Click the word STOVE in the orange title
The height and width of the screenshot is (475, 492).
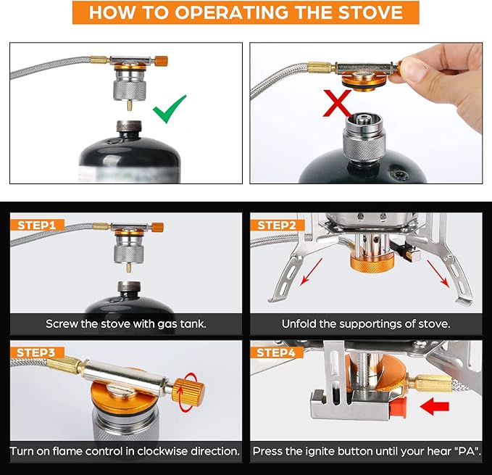click(x=370, y=12)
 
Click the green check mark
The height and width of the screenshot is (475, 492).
click(x=169, y=109)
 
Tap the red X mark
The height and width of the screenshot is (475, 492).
click(x=338, y=103)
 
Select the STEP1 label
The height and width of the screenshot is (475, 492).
click(x=37, y=225)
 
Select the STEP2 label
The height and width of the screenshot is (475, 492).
click(x=277, y=225)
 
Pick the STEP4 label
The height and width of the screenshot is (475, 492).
click(x=277, y=352)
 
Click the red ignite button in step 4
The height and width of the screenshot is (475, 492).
click(x=399, y=408)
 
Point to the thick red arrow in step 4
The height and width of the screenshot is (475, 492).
click(x=435, y=406)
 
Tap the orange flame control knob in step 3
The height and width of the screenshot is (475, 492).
click(x=188, y=392)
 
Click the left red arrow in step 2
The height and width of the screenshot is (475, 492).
click(x=312, y=272)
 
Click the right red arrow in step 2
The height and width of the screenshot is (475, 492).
click(x=438, y=273)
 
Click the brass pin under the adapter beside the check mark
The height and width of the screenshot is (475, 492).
click(x=129, y=105)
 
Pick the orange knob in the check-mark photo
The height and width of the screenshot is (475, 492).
click(x=162, y=61)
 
